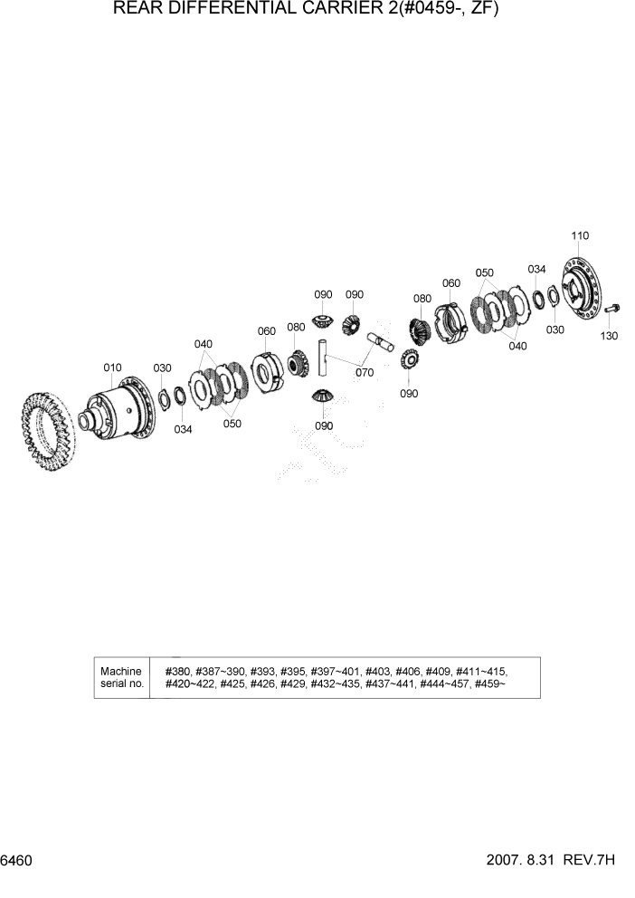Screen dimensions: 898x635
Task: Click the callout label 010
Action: click(x=112, y=368)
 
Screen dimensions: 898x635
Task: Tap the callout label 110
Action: click(x=580, y=235)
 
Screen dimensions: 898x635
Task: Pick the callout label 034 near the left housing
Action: click(x=183, y=429)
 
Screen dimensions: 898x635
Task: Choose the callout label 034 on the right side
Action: click(x=537, y=269)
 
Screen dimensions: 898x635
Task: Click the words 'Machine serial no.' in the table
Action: click(x=121, y=677)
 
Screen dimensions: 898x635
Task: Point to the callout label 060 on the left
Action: click(x=266, y=331)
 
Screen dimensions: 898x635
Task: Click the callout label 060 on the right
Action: click(x=450, y=283)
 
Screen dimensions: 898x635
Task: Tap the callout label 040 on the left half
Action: click(x=204, y=344)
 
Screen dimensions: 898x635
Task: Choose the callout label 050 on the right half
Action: click(x=485, y=272)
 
